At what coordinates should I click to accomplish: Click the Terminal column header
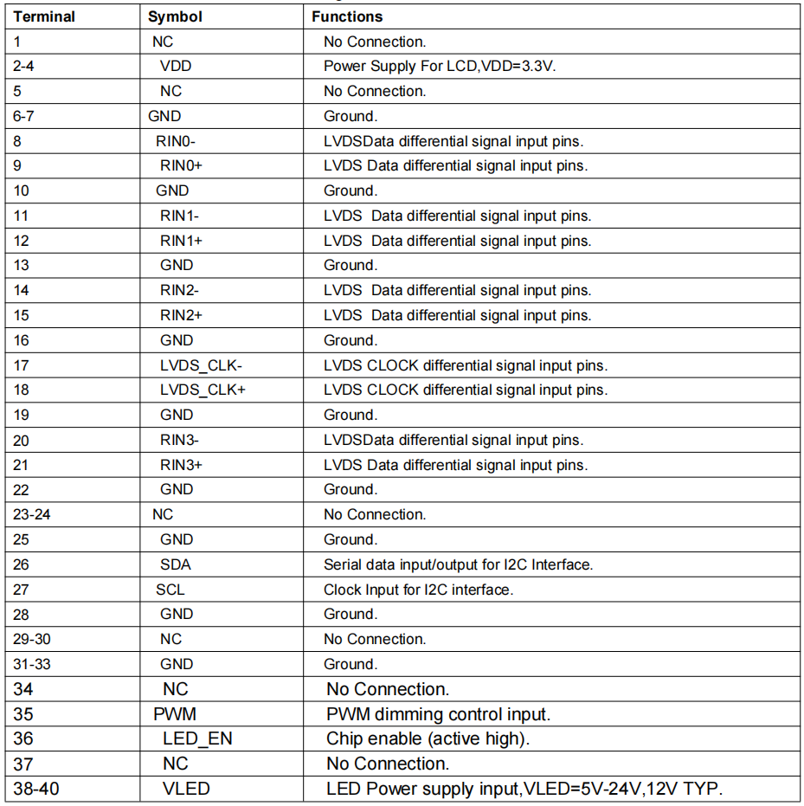pyautogui.click(x=44, y=16)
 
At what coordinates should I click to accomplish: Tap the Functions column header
pyautogui.click(x=347, y=16)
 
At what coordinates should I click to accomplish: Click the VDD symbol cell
pyautogui.click(x=177, y=66)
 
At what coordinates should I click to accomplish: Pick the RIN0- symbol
pyautogui.click(x=177, y=141)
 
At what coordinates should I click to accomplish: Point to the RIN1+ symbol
pyautogui.click(x=181, y=241)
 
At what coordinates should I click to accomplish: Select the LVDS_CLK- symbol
pyautogui.click(x=202, y=365)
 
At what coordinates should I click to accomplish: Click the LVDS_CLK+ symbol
pyautogui.click(x=203, y=390)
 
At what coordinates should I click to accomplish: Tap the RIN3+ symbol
pyautogui.click(x=181, y=465)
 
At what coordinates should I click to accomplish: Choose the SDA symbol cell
pyautogui.click(x=176, y=564)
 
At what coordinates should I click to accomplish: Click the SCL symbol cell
pyautogui.click(x=170, y=590)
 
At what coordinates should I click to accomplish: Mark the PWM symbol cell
pyautogui.click(x=175, y=714)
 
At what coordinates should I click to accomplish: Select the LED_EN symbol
pyautogui.click(x=197, y=739)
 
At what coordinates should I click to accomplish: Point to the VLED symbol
pyautogui.click(x=186, y=789)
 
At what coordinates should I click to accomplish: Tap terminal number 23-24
pyautogui.click(x=33, y=514)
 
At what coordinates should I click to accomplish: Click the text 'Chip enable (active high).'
pyautogui.click(x=428, y=739)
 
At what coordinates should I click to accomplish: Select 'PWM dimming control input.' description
pyautogui.click(x=438, y=714)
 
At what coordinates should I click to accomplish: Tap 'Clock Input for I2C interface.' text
pyautogui.click(x=418, y=590)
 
